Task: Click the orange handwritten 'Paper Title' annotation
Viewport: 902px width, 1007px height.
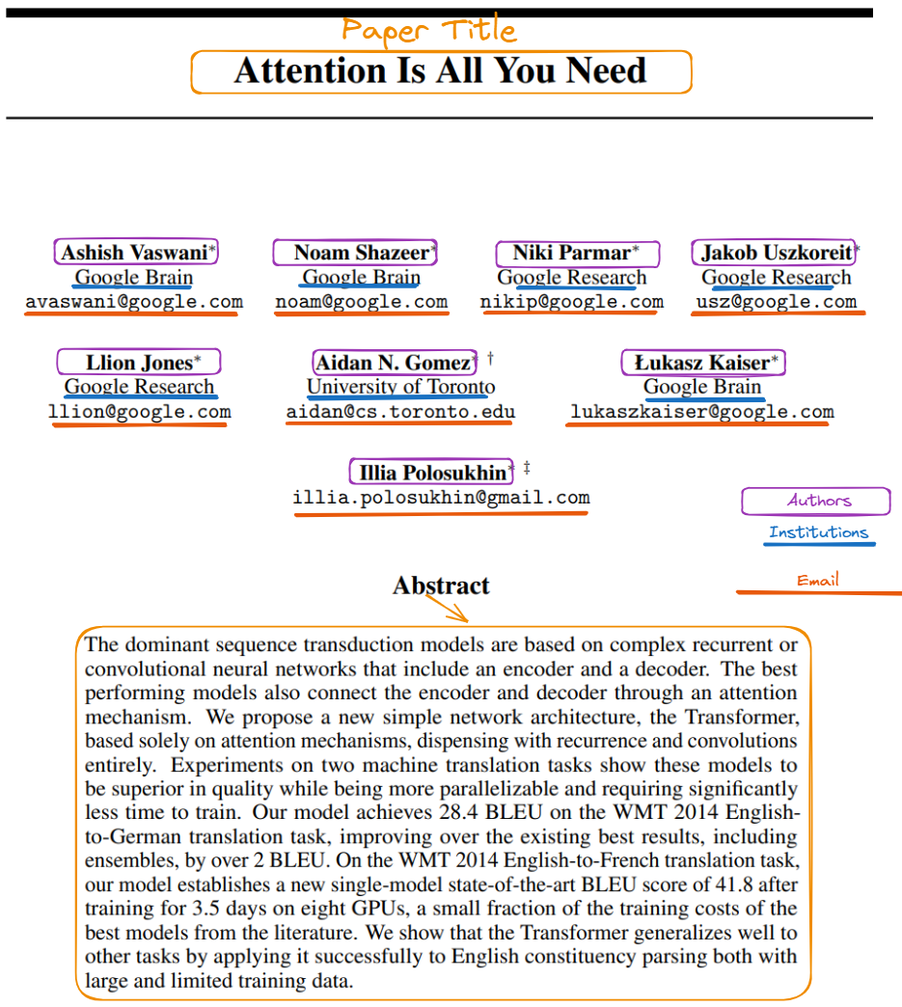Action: coord(429,30)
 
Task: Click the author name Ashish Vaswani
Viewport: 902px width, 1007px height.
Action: coord(134,253)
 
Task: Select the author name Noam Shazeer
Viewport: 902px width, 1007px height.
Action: coord(361,253)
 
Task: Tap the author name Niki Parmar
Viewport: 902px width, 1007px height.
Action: coord(571,253)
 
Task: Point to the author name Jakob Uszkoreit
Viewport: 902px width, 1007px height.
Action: coord(776,253)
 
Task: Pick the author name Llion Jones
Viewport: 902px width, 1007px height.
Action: coord(138,363)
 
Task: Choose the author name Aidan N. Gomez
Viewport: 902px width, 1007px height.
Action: coord(393,363)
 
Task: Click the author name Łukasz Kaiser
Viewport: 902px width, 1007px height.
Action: coord(701,363)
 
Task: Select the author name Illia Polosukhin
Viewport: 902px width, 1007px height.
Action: coord(431,473)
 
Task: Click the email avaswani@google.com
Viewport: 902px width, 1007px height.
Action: coord(134,302)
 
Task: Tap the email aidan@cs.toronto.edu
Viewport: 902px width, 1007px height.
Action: coord(400,412)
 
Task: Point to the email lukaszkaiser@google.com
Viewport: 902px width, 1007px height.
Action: coord(701,412)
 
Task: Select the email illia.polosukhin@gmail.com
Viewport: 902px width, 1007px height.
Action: coord(441,498)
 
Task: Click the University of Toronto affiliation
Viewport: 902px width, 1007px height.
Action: coord(400,388)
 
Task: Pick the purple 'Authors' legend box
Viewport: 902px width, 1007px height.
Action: coord(815,501)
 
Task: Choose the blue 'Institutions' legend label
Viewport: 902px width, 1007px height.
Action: coord(818,532)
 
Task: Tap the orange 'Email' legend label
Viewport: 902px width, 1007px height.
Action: coord(817,581)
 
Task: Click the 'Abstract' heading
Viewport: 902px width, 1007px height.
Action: coord(441,585)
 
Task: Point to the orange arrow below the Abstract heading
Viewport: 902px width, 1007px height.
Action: coord(445,608)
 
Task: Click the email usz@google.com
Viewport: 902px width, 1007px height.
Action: coord(776,302)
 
